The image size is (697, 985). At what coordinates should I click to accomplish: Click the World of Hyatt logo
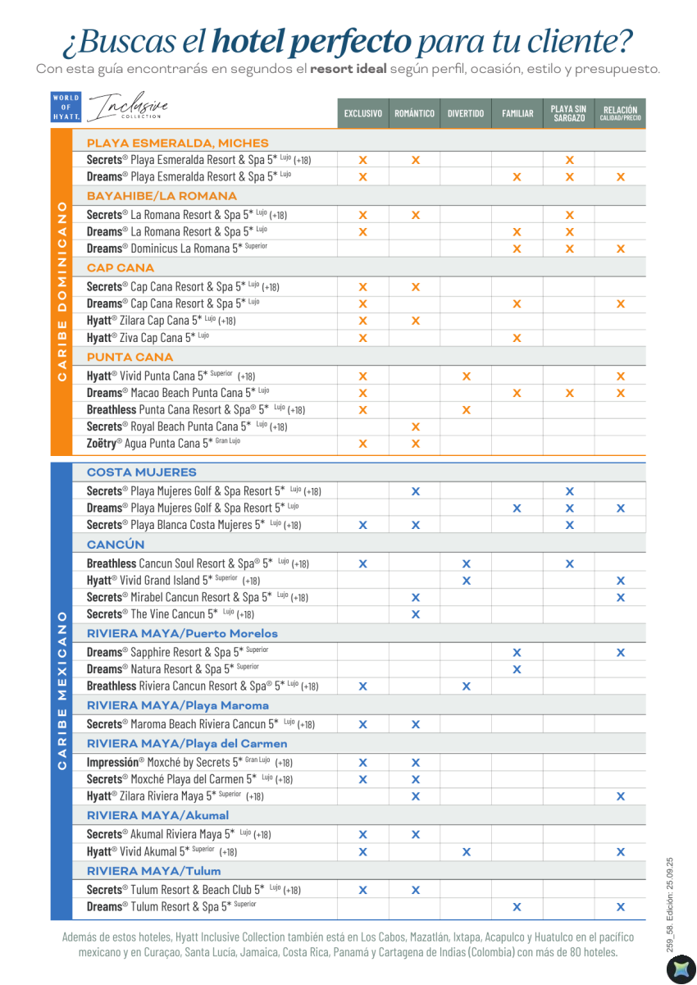(x=66, y=107)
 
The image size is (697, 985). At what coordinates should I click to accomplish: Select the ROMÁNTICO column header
(x=414, y=114)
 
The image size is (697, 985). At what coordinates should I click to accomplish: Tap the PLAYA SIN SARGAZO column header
(x=568, y=113)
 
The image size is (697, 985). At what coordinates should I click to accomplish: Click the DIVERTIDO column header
(x=466, y=114)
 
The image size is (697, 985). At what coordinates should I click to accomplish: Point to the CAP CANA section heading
(x=121, y=268)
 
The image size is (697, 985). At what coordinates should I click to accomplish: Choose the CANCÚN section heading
(x=116, y=545)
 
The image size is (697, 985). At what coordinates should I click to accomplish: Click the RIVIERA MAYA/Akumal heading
(x=157, y=815)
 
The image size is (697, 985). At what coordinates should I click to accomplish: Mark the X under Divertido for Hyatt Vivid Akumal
(x=467, y=852)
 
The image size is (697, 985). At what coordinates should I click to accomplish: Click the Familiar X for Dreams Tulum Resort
(x=517, y=907)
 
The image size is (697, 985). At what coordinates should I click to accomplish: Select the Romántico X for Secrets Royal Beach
(x=416, y=426)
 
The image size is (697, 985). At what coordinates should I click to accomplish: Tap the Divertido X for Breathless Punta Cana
(x=467, y=410)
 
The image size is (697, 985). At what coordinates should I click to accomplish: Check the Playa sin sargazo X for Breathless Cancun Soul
(x=570, y=564)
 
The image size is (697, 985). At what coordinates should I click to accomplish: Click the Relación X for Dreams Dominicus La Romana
(x=621, y=249)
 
